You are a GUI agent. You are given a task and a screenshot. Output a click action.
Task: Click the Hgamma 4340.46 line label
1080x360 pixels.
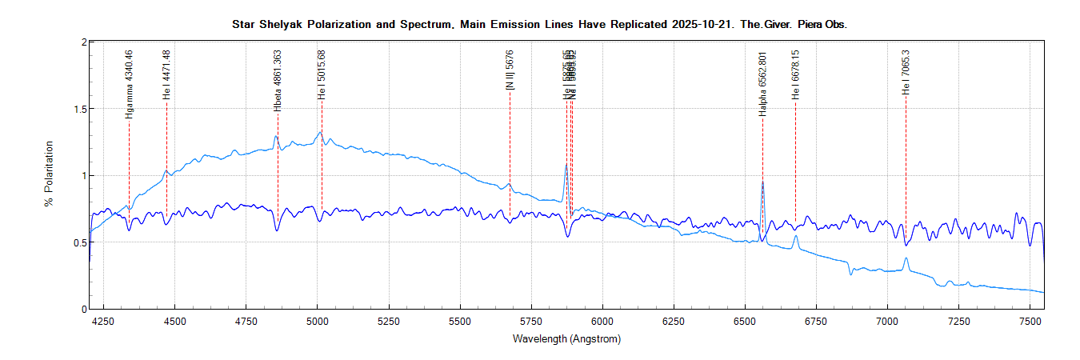129,84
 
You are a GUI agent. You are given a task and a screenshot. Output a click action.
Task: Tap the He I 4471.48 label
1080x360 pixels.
166,74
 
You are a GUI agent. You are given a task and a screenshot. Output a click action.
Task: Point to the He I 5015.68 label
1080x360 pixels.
322,74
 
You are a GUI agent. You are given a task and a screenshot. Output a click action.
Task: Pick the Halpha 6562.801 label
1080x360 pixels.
762,85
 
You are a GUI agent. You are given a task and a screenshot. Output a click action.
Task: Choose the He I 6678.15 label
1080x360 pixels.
795,74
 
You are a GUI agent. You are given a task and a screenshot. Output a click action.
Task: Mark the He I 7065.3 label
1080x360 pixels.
906,71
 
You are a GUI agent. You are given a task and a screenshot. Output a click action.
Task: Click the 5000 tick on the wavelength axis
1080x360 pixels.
318,322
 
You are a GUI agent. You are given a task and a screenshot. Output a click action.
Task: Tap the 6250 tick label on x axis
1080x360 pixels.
674,322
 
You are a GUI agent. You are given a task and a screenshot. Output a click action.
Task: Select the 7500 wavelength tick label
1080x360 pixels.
1030,322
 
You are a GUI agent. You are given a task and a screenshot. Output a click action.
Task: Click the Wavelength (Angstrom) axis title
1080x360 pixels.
566,339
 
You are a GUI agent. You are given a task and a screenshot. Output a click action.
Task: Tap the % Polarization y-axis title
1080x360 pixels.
50,174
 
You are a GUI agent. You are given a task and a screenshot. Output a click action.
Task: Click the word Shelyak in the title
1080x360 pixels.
279,25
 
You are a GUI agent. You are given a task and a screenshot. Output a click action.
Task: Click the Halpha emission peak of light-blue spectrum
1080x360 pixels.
762,182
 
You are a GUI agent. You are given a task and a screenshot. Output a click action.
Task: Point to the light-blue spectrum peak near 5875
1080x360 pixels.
566,165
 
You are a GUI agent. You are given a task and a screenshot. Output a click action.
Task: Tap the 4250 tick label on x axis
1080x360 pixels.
104,322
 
